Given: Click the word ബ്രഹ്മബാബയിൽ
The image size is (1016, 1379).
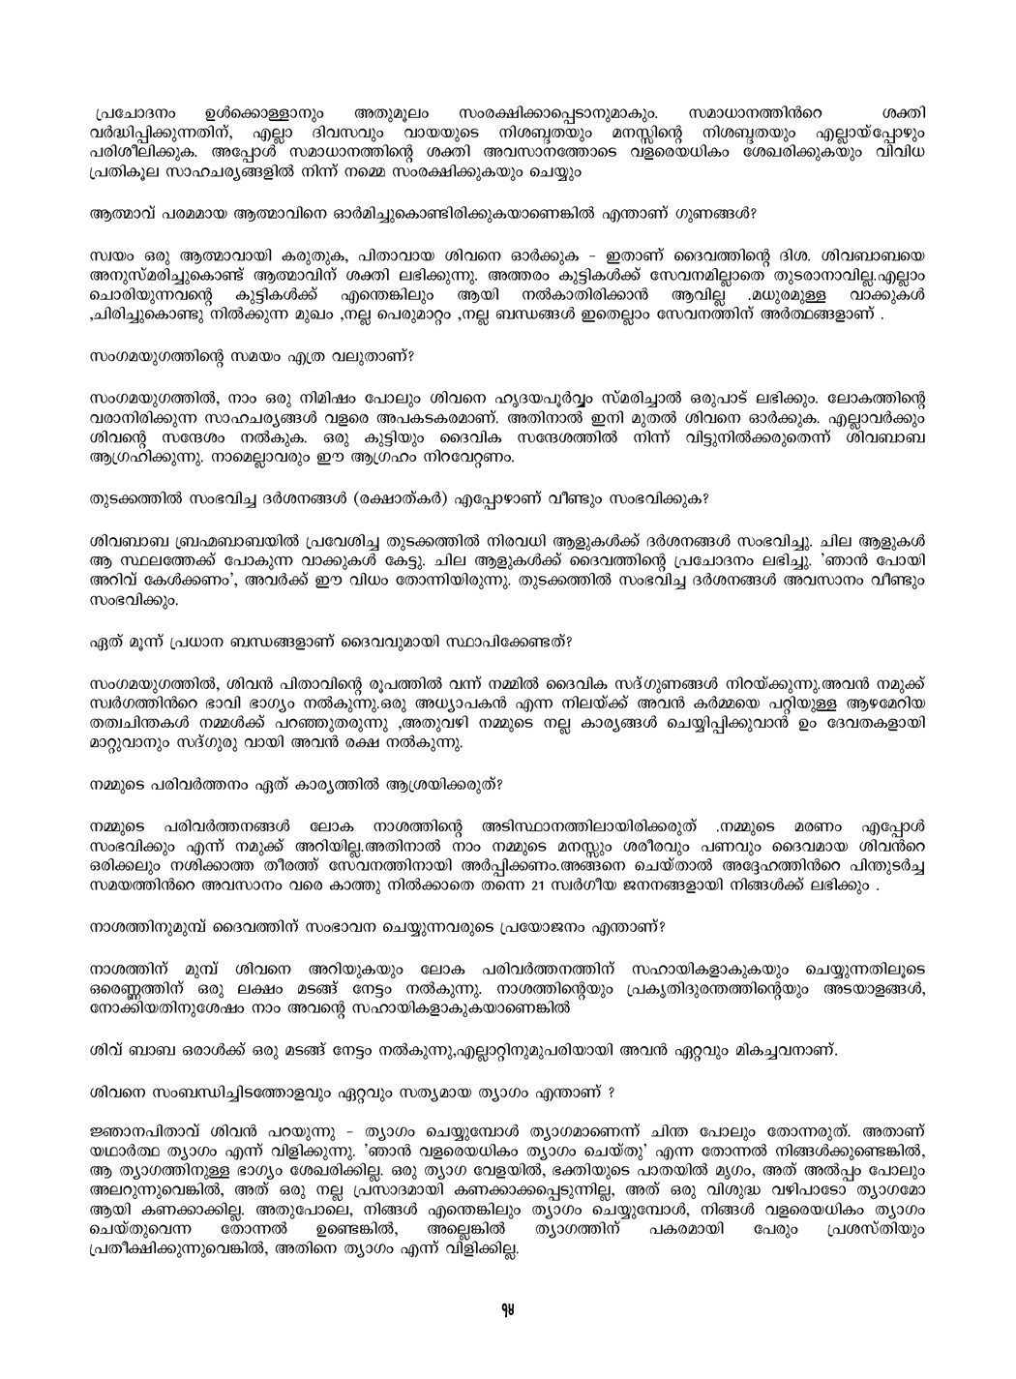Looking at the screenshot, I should (207, 537).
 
